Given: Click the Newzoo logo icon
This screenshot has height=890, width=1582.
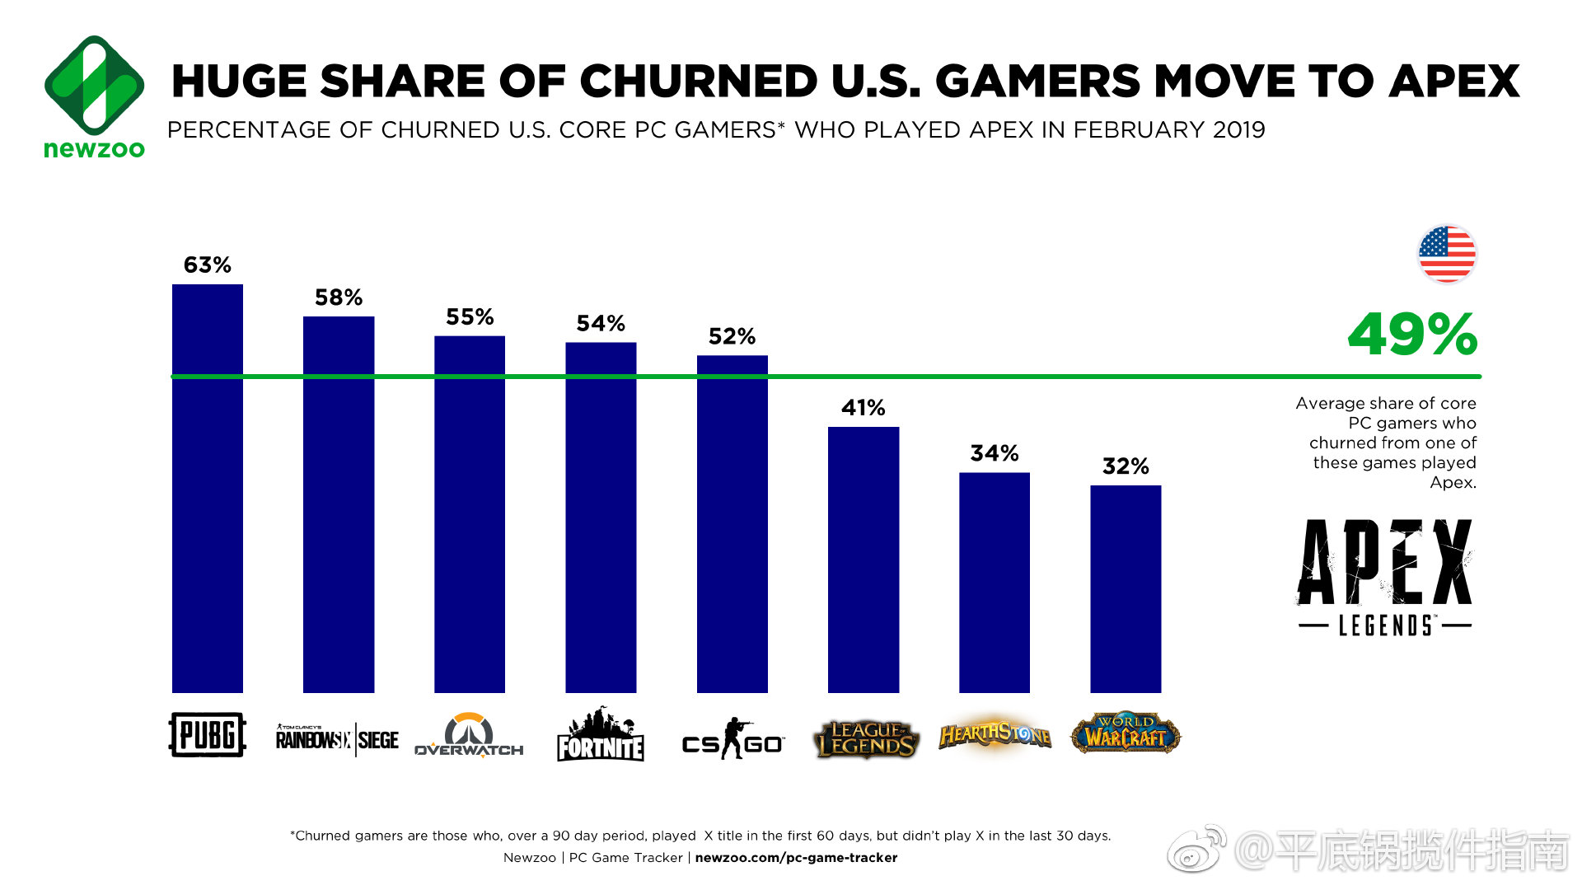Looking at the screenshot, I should point(94,85).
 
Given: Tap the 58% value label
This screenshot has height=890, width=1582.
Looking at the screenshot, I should point(339,297).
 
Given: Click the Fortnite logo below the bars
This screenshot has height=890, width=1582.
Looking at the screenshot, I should point(601,735).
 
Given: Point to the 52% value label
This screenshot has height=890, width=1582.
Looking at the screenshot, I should point(732,336).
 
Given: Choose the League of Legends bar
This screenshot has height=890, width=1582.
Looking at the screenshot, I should point(864,560).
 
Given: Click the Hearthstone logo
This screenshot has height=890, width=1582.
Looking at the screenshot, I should point(995,734).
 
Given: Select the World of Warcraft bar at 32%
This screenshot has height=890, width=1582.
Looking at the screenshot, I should point(1126,588).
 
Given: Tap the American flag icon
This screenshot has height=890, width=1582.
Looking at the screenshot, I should point(1447,254).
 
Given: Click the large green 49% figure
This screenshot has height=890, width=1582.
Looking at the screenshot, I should point(1412,335).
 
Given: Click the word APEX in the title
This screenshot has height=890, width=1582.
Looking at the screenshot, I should point(1454,82).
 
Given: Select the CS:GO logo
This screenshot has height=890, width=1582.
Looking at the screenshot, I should point(732,739).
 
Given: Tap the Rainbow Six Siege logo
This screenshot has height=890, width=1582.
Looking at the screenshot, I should point(337,739).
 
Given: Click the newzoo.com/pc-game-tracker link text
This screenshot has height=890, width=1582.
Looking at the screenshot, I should point(796,858).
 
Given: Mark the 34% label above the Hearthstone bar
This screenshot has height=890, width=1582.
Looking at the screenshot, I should point(995,453).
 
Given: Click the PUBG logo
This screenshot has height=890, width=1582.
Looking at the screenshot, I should point(208,734).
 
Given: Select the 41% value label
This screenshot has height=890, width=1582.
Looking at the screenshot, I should point(863,408).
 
